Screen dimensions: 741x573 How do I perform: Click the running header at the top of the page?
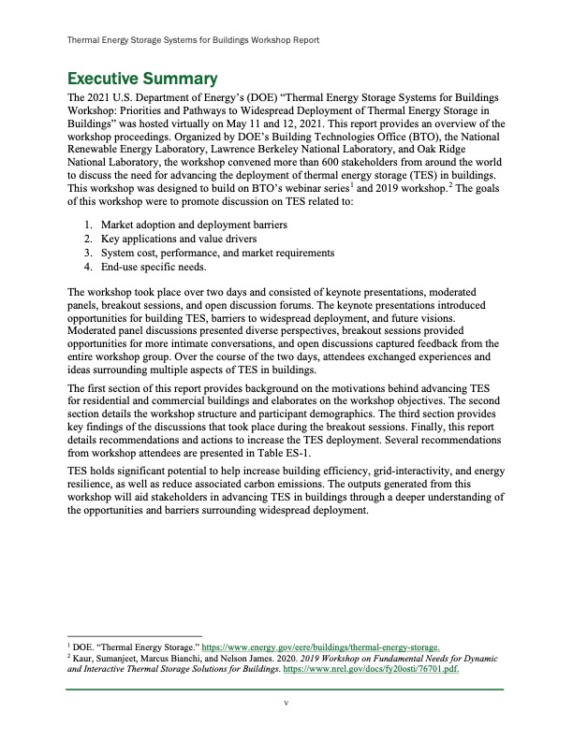point(195,41)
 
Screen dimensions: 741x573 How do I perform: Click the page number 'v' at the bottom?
point(286,704)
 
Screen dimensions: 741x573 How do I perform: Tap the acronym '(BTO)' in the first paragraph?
point(364,138)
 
